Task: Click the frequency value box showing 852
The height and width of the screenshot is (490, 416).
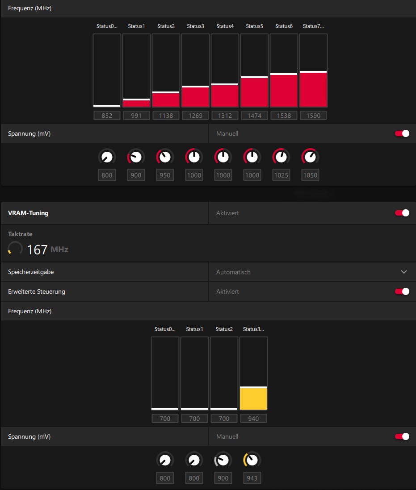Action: coord(107,116)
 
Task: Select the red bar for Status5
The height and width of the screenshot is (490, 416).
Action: coord(254,92)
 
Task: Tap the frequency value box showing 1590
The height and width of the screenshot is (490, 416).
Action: coord(313,116)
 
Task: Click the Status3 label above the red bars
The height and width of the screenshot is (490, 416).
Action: coord(195,26)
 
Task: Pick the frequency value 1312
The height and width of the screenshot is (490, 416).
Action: coord(225,116)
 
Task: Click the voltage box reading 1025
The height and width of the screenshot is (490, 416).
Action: coord(281,175)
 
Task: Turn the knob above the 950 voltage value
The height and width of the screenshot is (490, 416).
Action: coord(165,157)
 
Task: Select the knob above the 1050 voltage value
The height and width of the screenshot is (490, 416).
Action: coord(310,157)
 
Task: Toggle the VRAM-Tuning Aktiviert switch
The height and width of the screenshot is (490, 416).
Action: coord(402,213)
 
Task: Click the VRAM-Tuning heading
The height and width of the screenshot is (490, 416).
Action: coord(28,213)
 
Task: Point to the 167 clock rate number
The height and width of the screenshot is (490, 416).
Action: coord(37,249)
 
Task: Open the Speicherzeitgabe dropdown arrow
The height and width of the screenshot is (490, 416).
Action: coord(404,272)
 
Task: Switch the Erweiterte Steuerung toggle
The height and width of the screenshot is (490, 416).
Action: coord(402,291)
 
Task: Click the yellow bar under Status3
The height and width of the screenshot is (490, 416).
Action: coord(253,399)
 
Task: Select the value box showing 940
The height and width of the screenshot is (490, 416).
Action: coord(253,419)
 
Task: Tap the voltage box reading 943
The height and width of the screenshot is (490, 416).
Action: coord(252,478)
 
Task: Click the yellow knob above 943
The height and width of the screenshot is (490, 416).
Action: coord(252,460)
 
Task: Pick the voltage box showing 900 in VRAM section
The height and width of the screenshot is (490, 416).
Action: coord(223,478)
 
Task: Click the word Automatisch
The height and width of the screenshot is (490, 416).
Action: coord(233,272)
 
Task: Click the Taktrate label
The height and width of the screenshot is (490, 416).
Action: coord(20,234)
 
